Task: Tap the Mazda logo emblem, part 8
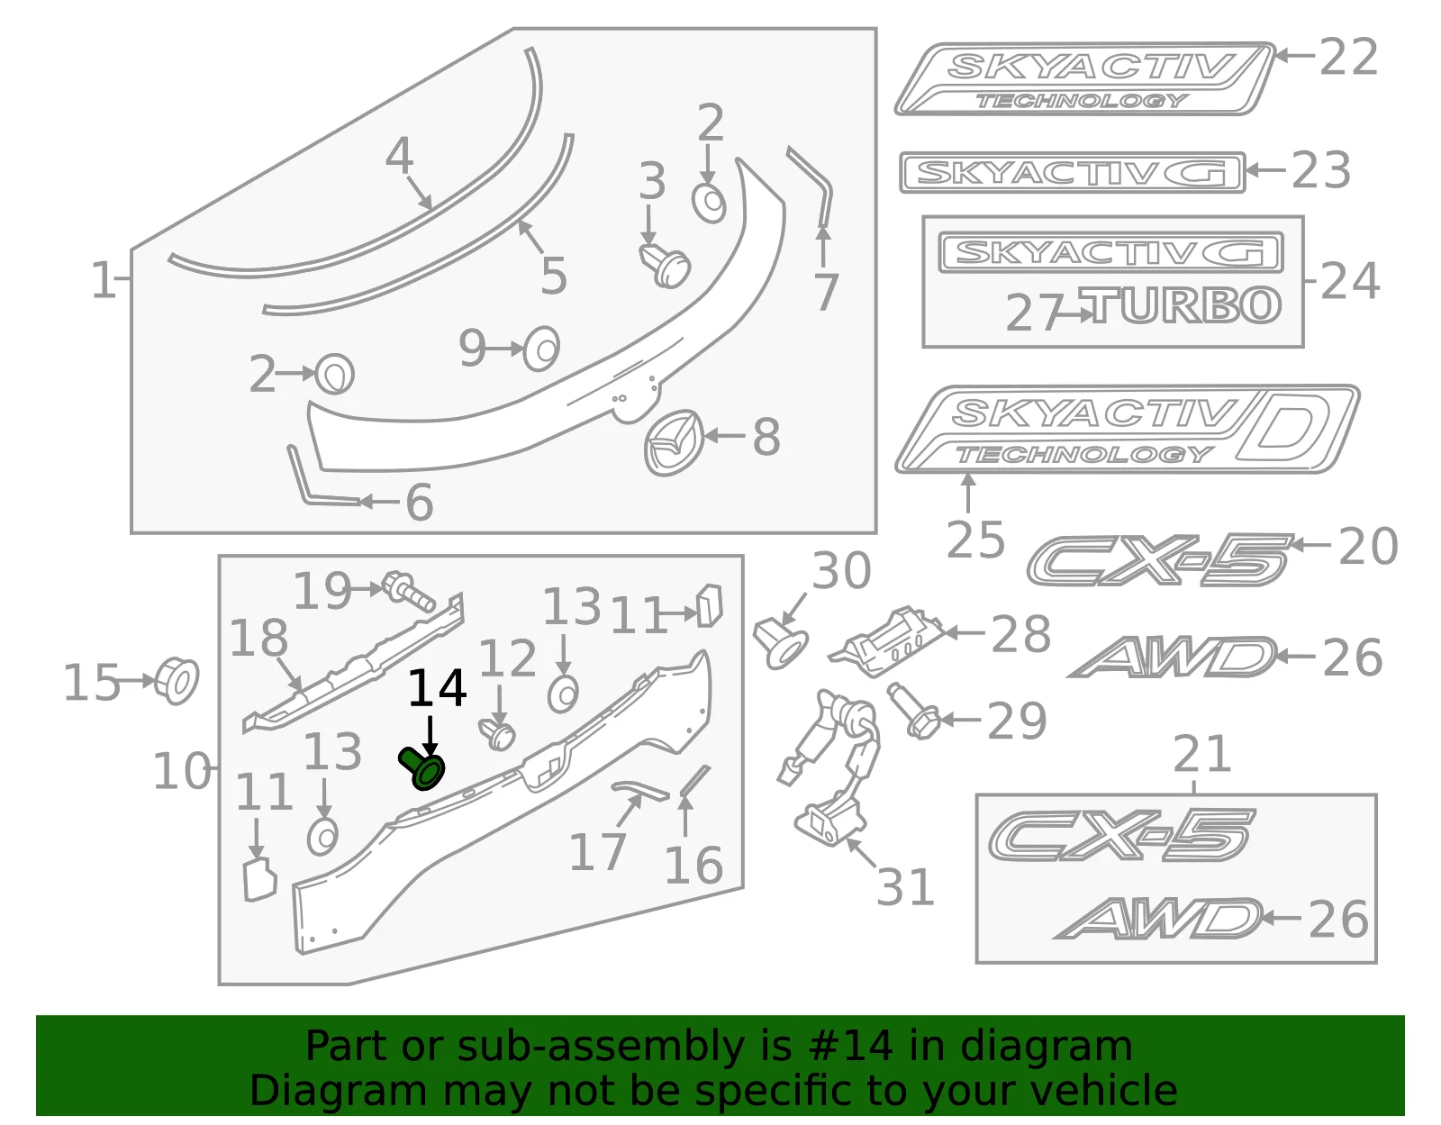(x=673, y=443)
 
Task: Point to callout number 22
(x=1349, y=57)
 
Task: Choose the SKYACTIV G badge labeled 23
(x=1073, y=172)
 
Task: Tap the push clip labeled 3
(x=665, y=265)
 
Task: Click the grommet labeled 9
(x=541, y=348)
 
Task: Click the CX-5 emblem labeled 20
(x=1160, y=561)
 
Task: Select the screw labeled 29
(x=913, y=712)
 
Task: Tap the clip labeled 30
(x=781, y=641)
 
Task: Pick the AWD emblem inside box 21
(x=1158, y=918)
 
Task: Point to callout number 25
(x=975, y=540)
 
